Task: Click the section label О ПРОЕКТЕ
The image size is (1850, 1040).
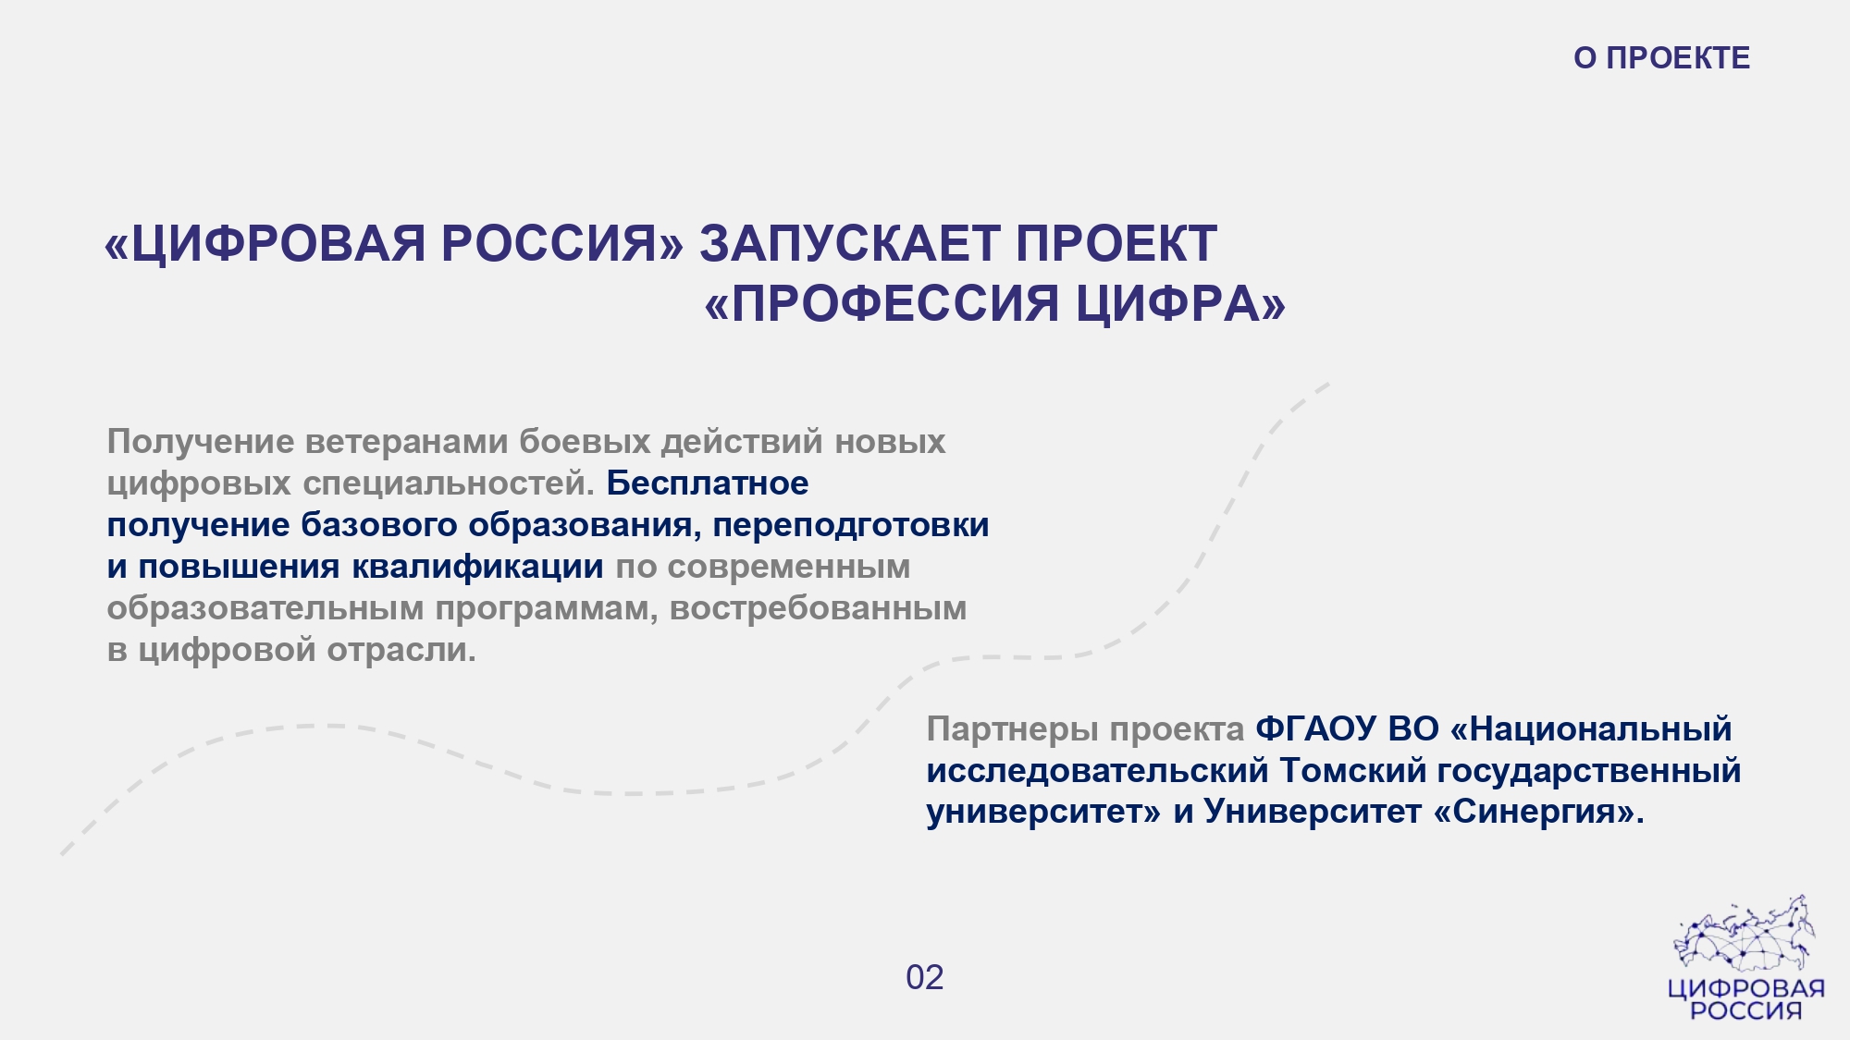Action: tap(1661, 58)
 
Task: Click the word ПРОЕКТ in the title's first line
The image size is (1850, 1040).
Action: tap(1116, 244)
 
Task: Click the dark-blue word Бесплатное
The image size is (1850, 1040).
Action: tap(708, 483)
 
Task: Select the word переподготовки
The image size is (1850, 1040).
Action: tap(851, 525)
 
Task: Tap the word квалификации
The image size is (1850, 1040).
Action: tap(477, 567)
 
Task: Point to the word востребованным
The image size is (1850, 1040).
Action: tap(819, 608)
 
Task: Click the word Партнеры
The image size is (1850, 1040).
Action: tap(1013, 729)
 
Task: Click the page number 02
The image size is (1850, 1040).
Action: tap(925, 978)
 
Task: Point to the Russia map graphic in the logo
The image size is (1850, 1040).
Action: tap(1744, 934)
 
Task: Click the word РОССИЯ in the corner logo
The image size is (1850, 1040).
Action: tap(1746, 1010)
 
